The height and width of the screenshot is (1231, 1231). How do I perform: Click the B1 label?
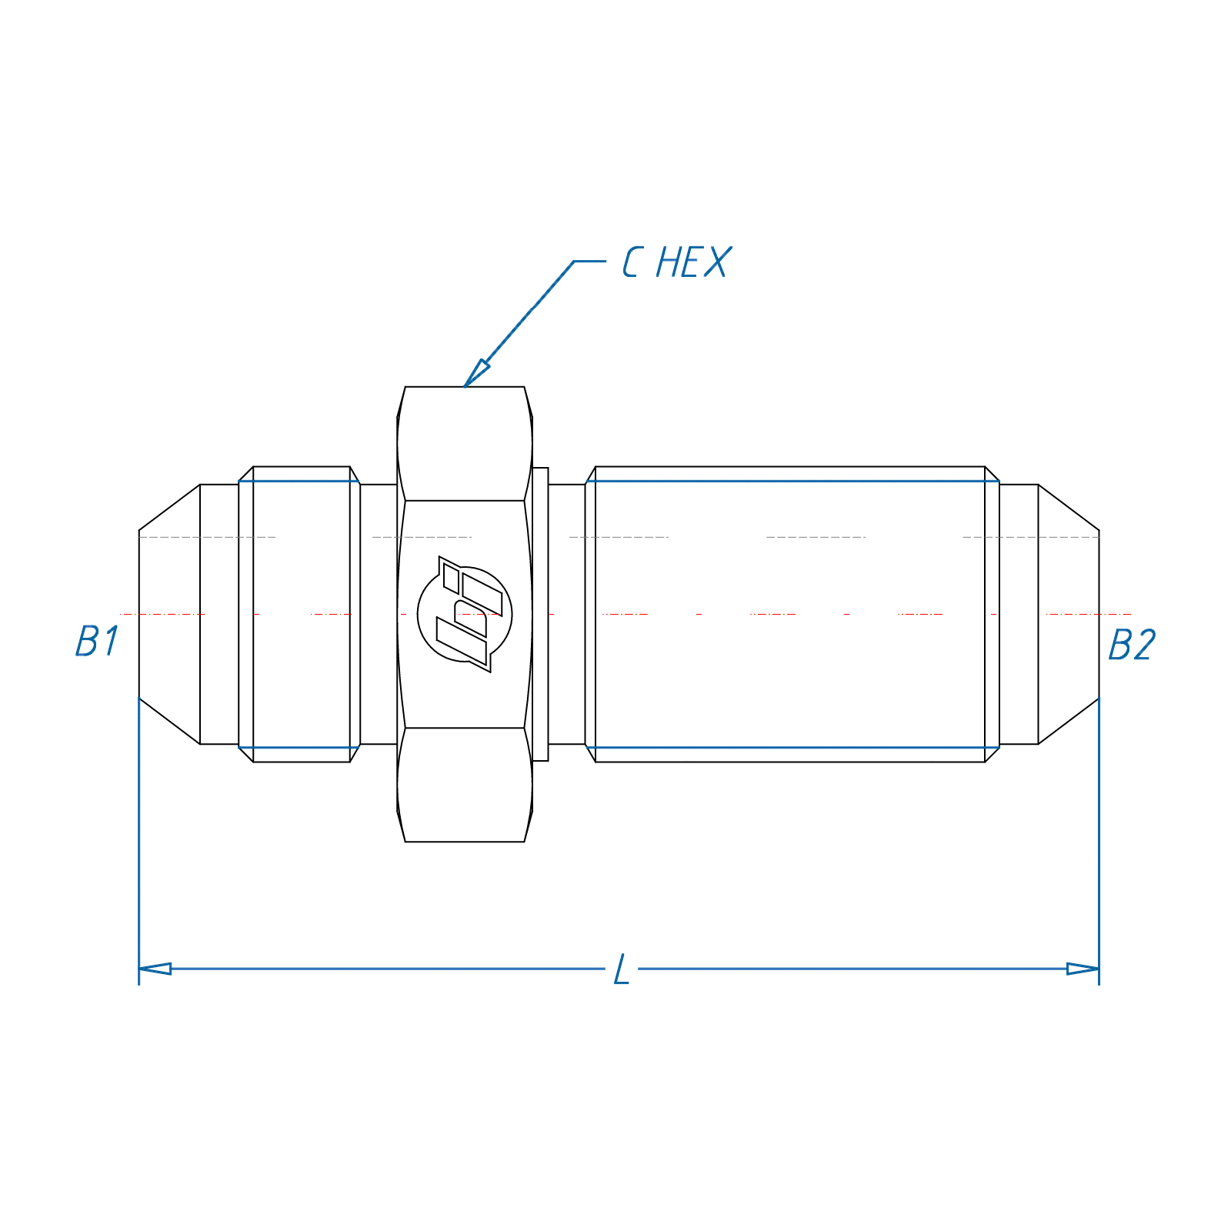[97, 641]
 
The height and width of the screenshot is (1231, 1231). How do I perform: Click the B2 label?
[1132, 645]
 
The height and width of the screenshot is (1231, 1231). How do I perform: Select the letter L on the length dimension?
[622, 969]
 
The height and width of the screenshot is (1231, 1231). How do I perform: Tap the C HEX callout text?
[676, 263]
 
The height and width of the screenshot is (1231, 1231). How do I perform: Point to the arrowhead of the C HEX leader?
[474, 375]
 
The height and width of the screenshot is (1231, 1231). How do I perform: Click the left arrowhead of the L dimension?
[155, 969]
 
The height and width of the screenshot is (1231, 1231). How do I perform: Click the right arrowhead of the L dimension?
[1083, 969]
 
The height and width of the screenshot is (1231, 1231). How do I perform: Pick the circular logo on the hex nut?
[465, 614]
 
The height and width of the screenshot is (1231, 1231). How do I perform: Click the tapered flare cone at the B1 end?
[169, 614]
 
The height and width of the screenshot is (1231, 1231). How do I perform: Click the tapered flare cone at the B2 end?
[1069, 614]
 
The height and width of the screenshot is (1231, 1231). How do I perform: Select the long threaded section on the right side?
[791, 614]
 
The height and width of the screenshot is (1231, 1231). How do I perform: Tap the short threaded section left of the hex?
[302, 614]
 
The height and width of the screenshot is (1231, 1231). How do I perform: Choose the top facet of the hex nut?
[465, 443]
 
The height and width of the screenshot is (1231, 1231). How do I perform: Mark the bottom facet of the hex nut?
[465, 785]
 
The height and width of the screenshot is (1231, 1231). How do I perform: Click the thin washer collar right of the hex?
[540, 614]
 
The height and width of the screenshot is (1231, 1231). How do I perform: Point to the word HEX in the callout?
[692, 263]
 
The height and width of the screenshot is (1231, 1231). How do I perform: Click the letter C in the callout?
[632, 263]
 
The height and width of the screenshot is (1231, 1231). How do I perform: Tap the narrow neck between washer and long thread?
[567, 614]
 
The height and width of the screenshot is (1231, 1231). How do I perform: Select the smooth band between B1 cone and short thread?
[219, 614]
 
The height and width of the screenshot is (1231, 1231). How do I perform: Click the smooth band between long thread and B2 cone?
[1019, 614]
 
